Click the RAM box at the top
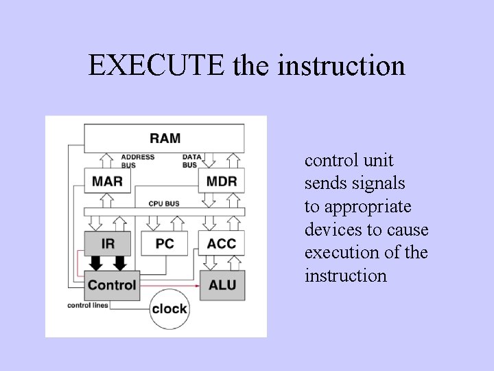pyautogui.click(x=165, y=138)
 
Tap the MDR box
pyautogui.click(x=221, y=181)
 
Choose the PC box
pyautogui.click(x=165, y=243)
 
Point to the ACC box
pyautogui.click(x=221, y=243)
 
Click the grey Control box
pyautogui.click(x=111, y=284)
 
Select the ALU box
pyautogui.click(x=221, y=284)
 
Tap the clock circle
pyautogui.click(x=169, y=308)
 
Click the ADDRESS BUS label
pyautogui.click(x=138, y=161)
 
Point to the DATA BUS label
pyautogui.click(x=191, y=161)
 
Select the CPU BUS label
pyautogui.click(x=164, y=203)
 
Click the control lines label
pyautogui.click(x=88, y=305)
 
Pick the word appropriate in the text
pyautogui.click(x=377, y=207)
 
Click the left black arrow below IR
pyautogui.click(x=97, y=263)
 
